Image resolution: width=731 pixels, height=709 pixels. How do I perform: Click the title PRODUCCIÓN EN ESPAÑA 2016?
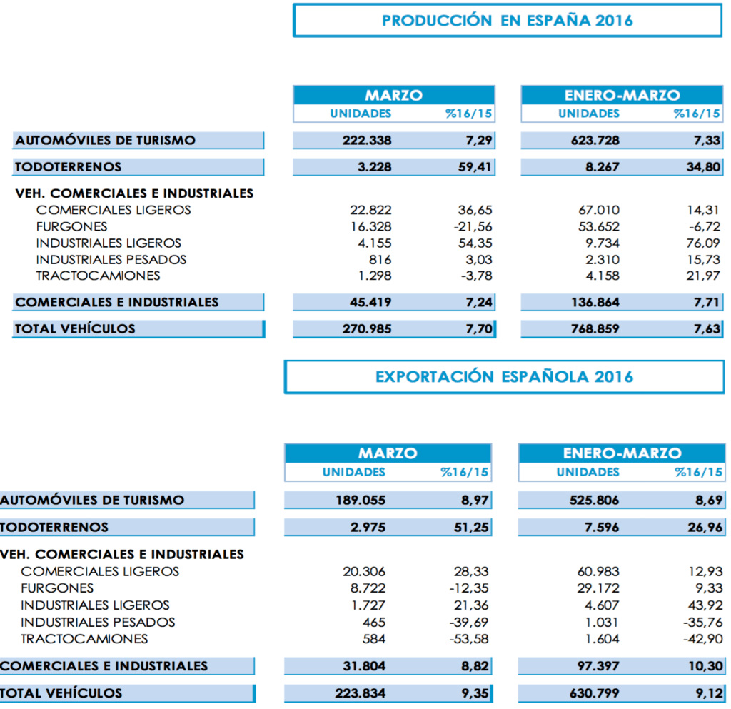click(x=508, y=20)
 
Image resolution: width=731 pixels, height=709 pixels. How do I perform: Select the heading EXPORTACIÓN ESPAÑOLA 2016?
click(x=504, y=376)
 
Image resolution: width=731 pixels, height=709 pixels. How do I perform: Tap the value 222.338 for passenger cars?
click(x=367, y=140)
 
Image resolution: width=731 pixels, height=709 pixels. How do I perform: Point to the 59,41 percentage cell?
click(x=475, y=167)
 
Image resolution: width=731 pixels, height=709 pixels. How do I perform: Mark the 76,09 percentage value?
click(x=702, y=243)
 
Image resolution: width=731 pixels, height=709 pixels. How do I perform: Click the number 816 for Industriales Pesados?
click(x=380, y=259)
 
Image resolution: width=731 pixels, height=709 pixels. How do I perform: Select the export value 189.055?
click(x=361, y=500)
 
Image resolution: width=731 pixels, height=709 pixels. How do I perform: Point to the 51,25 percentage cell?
click(x=471, y=527)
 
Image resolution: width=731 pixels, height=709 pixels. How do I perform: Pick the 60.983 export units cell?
click(x=598, y=571)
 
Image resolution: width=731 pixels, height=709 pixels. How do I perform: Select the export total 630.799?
click(x=594, y=693)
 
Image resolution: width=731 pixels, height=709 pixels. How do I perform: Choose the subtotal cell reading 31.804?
click(x=363, y=665)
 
